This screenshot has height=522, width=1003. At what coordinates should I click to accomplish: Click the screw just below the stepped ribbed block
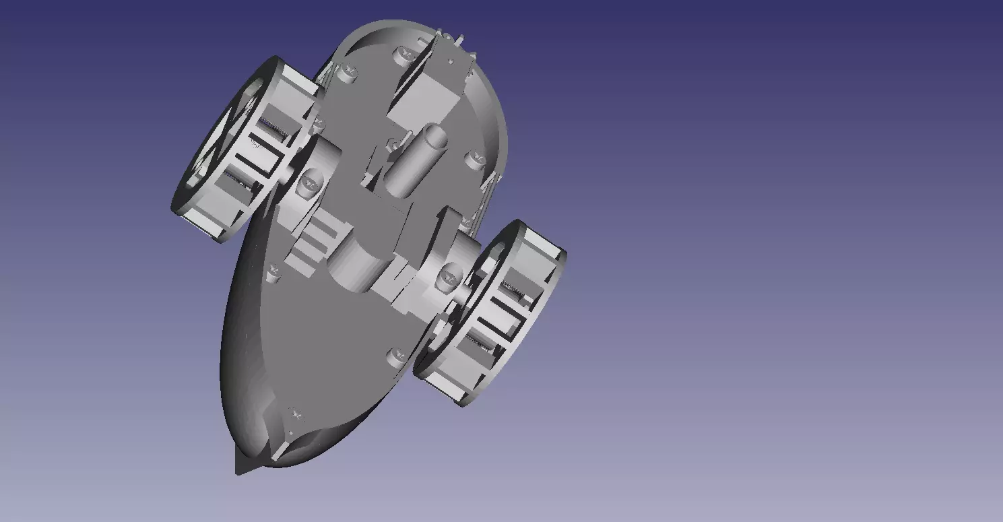pyautogui.click(x=273, y=273)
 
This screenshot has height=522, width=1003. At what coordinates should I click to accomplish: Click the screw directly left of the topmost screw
pyautogui.click(x=347, y=71)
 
